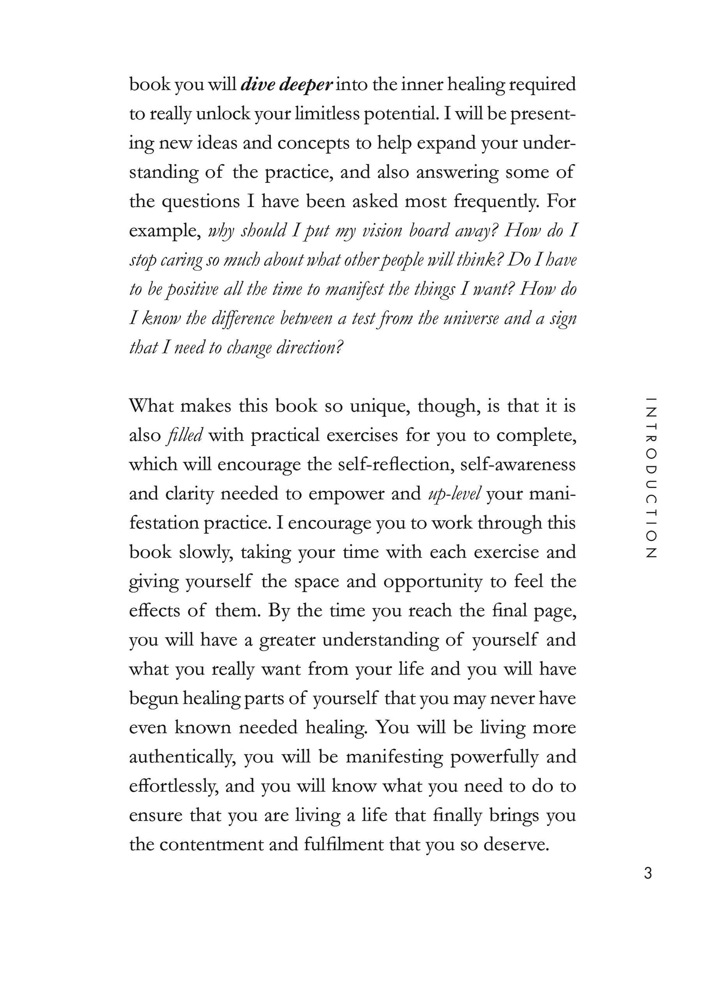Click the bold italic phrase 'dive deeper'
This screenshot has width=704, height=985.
click(287, 85)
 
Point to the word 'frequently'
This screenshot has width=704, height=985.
click(496, 202)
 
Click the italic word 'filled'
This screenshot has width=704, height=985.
click(184, 435)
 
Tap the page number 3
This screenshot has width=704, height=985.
click(647, 873)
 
